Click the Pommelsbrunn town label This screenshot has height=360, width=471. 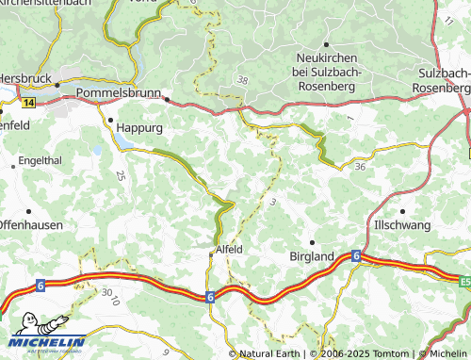tap(120, 93)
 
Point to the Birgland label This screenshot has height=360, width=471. tap(310, 255)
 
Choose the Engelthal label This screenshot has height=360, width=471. tap(41, 161)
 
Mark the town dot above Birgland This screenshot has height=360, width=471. tap(312, 241)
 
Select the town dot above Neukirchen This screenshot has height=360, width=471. tap(326, 44)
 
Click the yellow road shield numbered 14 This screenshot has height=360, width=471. tap(29, 102)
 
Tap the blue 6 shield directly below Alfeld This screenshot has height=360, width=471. tap(208, 296)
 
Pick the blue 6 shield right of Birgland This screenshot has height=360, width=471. tap(356, 255)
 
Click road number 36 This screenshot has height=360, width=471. tap(361, 167)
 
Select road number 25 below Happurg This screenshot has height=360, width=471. tap(120, 175)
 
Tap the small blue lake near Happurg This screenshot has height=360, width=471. tap(96, 150)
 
